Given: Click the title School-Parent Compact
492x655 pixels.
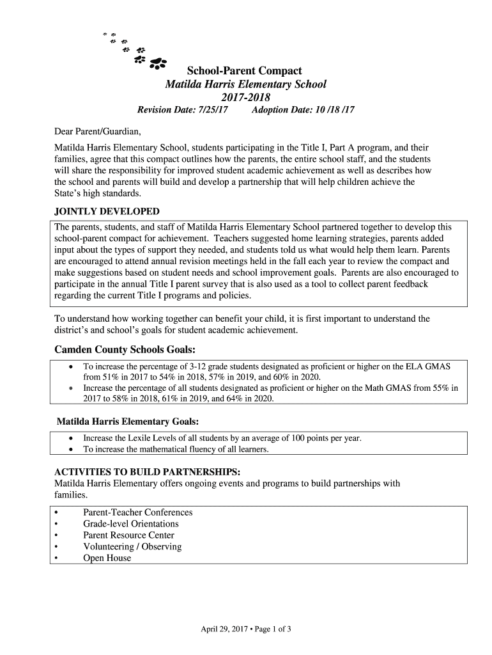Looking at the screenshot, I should (244, 70).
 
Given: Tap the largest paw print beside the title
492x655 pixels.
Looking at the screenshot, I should (157, 63).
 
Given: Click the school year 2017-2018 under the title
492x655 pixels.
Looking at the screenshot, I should (245, 97).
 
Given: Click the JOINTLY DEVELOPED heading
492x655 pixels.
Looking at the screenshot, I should (107, 212).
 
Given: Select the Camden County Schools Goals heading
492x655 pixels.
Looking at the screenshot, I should (125, 350).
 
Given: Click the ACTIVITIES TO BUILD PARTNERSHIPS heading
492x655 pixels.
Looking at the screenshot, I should (148, 472).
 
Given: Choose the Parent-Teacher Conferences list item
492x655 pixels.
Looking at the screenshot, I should (137, 512).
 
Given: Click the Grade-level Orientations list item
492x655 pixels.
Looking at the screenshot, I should (131, 524).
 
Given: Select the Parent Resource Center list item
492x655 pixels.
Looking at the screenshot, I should (128, 535).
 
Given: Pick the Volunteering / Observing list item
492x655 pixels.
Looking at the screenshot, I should (132, 547).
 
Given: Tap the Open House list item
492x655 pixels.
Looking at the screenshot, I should (107, 558).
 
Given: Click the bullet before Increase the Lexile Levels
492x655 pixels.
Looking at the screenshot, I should (70, 438).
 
